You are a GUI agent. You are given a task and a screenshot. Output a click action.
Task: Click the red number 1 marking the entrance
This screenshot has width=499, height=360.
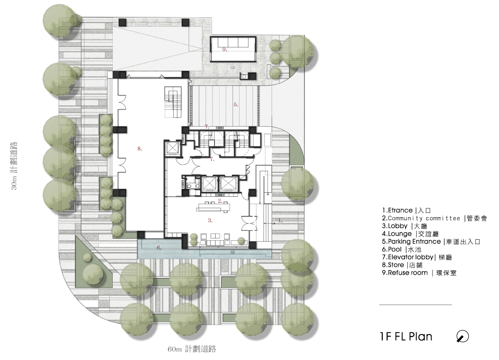coord(280,220)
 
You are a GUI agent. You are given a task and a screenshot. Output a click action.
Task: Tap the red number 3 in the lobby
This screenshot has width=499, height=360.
coord(210,220)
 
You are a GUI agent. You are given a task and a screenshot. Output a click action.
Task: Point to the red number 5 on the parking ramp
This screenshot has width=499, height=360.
coord(236,104)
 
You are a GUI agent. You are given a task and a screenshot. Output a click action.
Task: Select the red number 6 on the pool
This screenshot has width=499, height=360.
coord(159,248)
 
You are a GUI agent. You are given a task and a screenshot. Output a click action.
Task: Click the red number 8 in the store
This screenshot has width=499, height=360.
coord(140,149)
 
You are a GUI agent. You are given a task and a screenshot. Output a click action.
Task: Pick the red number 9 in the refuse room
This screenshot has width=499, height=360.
coord(225,49)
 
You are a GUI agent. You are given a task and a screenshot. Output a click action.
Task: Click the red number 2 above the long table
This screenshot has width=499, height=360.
coord(220,201)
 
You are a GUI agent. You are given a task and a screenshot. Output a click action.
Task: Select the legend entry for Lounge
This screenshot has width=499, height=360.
coord(411,234)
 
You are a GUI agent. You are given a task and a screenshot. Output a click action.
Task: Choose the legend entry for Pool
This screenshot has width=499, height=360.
coord(402,250)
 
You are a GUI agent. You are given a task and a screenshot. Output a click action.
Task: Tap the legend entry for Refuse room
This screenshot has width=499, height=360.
coord(419,273)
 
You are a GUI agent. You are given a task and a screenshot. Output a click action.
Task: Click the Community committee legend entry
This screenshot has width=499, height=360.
coord(435,218)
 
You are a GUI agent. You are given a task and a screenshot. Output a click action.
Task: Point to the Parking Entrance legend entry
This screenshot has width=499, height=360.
coord(431,242)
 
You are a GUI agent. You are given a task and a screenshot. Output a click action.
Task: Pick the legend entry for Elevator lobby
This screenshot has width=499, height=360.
coord(417,257)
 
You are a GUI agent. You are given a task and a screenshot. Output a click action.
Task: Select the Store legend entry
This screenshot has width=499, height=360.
coord(402,265)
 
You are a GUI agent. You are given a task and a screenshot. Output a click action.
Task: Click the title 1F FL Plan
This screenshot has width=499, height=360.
coord(406,337)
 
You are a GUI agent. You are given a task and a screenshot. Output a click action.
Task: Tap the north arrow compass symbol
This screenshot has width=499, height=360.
coord(463,337)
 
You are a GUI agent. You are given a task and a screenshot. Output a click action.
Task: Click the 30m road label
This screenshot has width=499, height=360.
coord(14,166)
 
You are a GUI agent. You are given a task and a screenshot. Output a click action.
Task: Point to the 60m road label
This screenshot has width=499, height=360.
coord(192,349)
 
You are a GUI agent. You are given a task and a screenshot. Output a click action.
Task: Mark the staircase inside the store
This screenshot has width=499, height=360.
coord(173,102)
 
